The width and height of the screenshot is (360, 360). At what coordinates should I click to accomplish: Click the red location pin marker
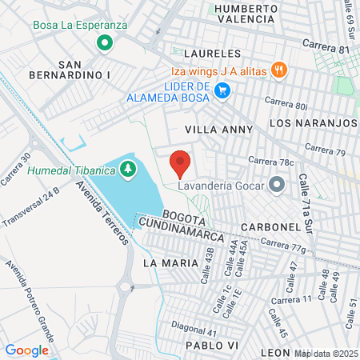(x=180, y=162)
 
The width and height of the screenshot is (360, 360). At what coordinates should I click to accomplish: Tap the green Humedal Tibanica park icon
(x=126, y=169)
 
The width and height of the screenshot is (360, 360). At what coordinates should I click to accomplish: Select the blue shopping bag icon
(x=222, y=92)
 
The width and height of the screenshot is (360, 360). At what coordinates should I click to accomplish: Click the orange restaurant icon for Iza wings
(x=279, y=70)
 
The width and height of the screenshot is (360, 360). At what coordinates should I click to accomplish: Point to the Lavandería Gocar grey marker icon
(x=278, y=186)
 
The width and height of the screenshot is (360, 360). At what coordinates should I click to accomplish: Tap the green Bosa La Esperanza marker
(x=102, y=42)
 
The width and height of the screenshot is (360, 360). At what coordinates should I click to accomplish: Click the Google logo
(x=26, y=350)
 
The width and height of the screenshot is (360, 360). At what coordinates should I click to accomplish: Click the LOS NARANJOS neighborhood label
(x=313, y=123)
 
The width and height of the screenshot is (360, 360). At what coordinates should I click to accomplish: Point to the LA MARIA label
(x=169, y=262)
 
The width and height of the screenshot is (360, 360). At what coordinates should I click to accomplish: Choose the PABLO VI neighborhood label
(x=212, y=345)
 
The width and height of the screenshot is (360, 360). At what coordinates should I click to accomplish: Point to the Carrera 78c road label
(x=270, y=161)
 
